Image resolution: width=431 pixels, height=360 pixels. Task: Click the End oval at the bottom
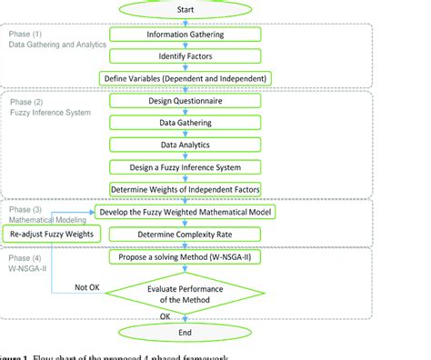(185, 332)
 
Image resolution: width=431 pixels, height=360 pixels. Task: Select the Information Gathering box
(185, 35)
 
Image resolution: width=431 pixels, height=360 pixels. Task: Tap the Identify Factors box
(185, 55)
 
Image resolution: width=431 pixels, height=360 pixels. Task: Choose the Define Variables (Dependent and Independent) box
(185, 77)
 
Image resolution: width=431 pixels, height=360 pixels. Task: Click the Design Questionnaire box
(185, 101)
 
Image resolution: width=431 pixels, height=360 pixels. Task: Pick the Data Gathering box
(185, 123)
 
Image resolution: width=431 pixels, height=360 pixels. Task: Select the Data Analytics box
(185, 145)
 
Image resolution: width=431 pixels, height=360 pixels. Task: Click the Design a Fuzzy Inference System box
(185, 167)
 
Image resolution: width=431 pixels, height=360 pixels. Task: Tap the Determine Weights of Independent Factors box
(185, 189)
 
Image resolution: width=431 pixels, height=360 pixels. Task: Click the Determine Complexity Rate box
(185, 234)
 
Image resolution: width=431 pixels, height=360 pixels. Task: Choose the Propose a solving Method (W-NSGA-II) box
(185, 258)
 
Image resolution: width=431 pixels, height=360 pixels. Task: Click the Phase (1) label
(25, 34)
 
